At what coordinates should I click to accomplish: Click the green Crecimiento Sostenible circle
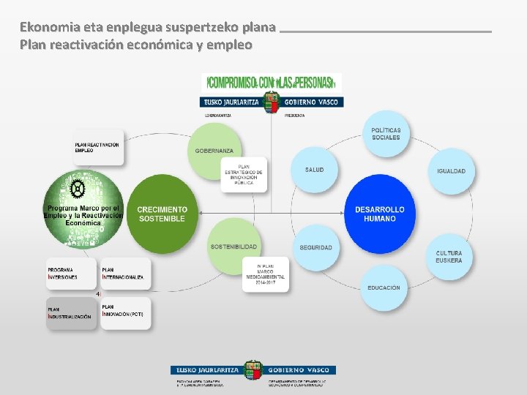[162, 214]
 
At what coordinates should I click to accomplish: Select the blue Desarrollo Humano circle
[380, 214]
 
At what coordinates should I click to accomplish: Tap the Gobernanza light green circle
[214, 150]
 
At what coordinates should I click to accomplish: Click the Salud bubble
[315, 170]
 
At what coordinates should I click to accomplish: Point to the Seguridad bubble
[315, 247]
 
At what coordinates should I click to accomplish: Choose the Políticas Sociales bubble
[386, 135]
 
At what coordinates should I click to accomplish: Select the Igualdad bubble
[451, 171]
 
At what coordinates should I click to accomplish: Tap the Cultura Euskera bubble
[449, 257]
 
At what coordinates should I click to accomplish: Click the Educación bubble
[384, 287]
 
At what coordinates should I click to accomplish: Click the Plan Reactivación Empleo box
[97, 148]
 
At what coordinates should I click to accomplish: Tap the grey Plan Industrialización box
[72, 313]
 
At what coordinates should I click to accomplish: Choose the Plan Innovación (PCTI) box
[125, 313]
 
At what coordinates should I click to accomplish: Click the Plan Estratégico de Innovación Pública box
[244, 174]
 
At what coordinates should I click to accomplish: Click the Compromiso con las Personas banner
[272, 81]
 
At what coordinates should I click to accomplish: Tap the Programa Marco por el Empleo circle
[83, 208]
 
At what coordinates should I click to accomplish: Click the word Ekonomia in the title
[51, 28]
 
